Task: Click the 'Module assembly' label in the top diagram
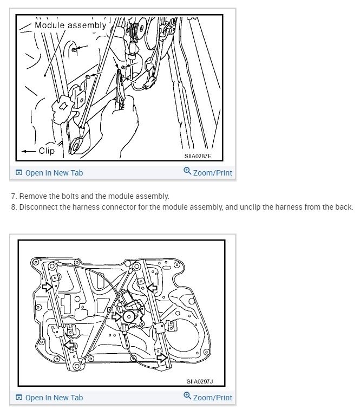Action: pyautogui.click(x=70, y=25)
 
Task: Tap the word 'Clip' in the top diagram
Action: pyautogui.click(x=47, y=151)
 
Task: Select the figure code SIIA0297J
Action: pyautogui.click(x=200, y=381)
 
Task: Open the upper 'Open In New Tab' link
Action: pyautogui.click(x=54, y=173)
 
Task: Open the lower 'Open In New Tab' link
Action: pyautogui.click(x=54, y=398)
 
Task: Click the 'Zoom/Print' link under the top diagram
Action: pyautogui.click(x=212, y=173)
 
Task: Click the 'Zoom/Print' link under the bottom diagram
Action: pyautogui.click(x=212, y=398)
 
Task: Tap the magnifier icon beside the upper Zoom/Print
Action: pyautogui.click(x=187, y=172)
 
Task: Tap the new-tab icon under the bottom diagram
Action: pyautogui.click(x=19, y=398)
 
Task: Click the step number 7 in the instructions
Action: pyautogui.click(x=13, y=196)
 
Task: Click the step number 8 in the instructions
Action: pyautogui.click(x=13, y=207)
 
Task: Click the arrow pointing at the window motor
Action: pyautogui.click(x=116, y=316)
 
